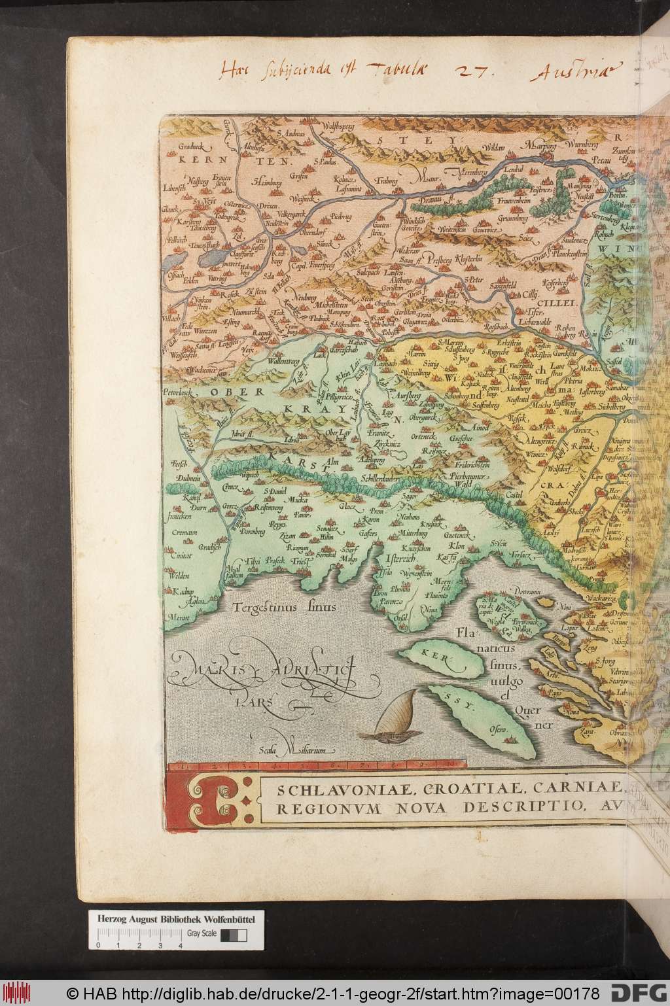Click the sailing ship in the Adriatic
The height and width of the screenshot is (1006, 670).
(393, 717)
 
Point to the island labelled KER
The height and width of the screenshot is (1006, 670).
(437, 655)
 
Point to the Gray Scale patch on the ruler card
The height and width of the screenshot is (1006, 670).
(229, 935)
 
